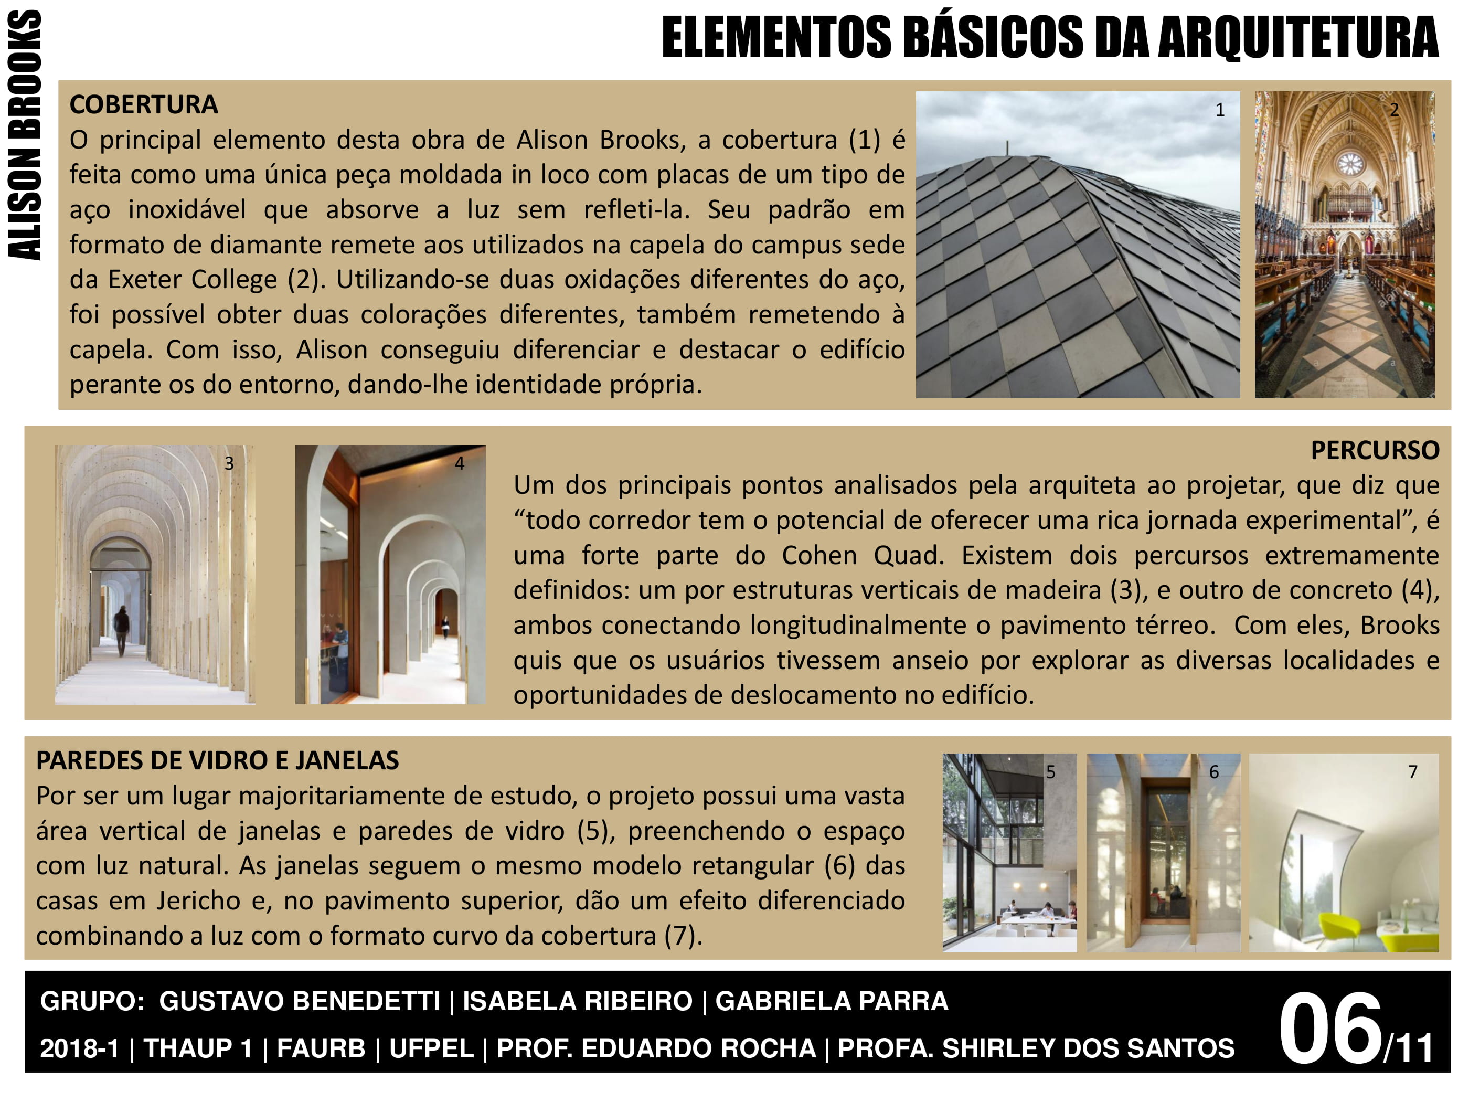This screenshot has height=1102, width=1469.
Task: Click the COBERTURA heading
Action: click(x=143, y=105)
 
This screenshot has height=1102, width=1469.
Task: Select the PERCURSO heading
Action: click(x=1374, y=450)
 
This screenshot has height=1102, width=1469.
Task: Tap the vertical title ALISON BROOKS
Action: click(x=25, y=135)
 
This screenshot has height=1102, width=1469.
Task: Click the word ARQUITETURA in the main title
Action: click(x=1298, y=38)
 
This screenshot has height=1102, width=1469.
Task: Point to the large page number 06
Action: click(x=1329, y=1028)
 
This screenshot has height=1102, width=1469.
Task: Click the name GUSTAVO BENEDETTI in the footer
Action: click(x=300, y=1001)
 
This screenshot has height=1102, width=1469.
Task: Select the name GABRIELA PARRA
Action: click(x=832, y=1001)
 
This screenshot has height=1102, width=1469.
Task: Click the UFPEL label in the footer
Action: click(x=431, y=1048)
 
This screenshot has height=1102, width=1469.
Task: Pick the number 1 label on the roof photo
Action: click(x=1220, y=110)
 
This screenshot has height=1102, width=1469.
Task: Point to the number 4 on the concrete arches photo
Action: click(x=460, y=464)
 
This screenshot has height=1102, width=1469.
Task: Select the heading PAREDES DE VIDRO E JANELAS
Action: click(x=217, y=760)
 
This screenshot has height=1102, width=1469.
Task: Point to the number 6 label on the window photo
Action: click(x=1214, y=772)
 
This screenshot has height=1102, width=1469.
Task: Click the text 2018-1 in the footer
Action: click(x=80, y=1048)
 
